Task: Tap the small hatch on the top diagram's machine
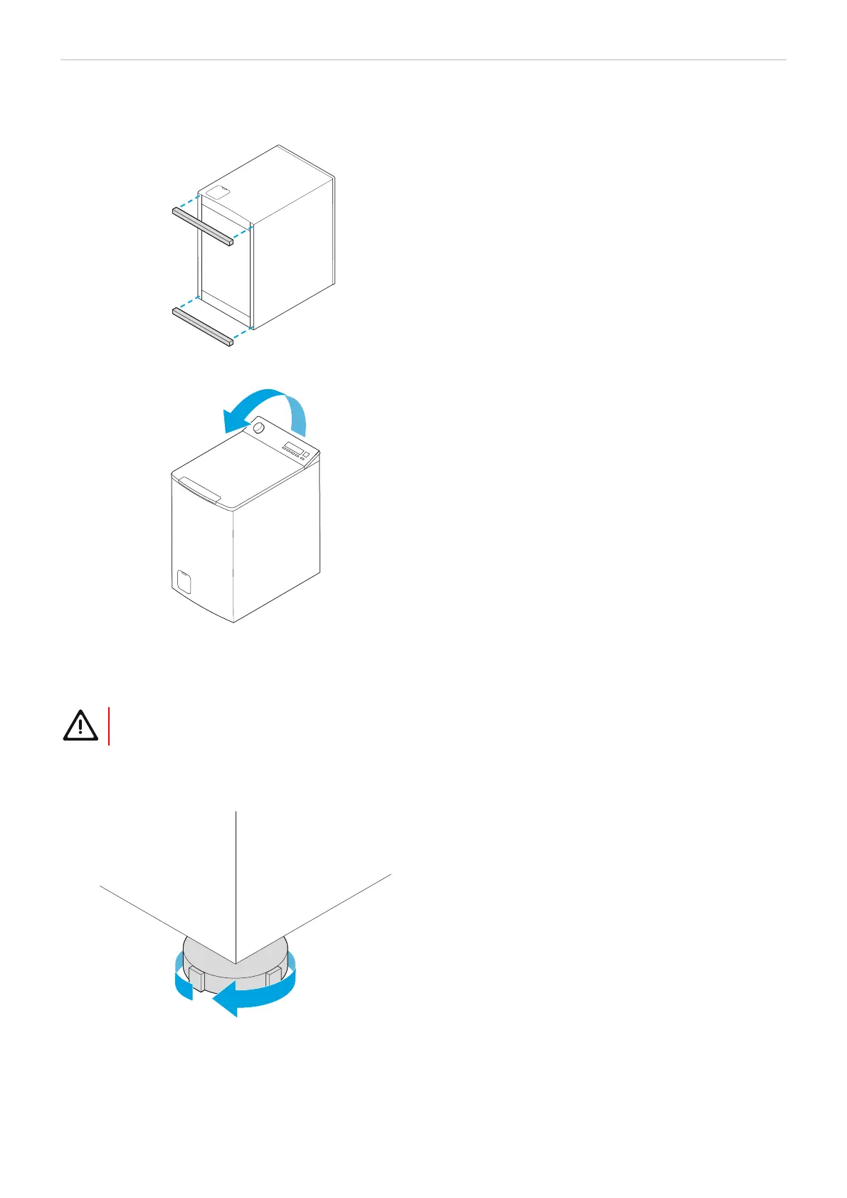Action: (221, 191)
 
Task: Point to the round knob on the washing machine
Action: (258, 428)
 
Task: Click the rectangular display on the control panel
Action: (293, 447)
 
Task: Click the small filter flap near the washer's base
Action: (184, 581)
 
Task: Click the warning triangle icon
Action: (80, 726)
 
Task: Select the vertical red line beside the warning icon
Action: (109, 726)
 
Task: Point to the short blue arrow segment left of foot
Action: (183, 985)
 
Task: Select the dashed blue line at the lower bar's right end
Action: (242, 335)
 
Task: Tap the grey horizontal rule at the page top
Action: (423, 60)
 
